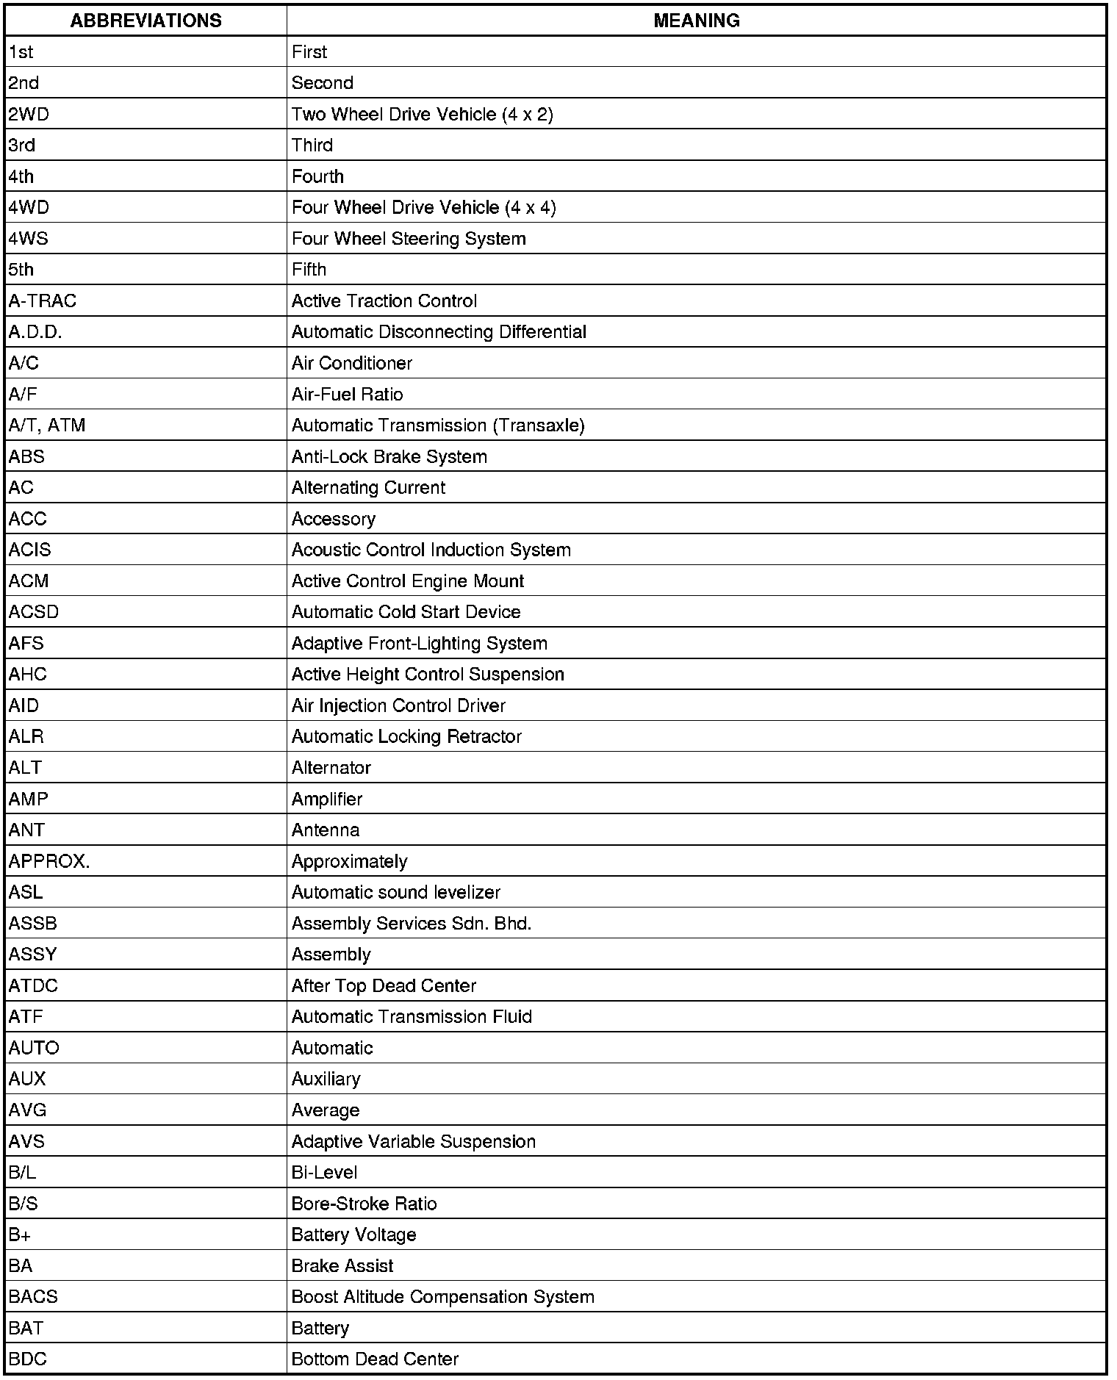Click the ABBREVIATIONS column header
pos(146,21)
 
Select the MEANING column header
pos(696,21)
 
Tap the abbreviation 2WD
pos(29,115)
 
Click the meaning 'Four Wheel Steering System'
pos(409,239)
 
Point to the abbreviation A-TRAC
pos(43,301)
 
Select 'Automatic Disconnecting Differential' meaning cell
pos(439,332)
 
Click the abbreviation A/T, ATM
pos(47,425)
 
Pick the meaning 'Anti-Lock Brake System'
pos(389,457)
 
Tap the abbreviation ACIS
pos(30,550)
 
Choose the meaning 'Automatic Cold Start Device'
pos(406,612)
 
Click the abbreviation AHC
pos(28,675)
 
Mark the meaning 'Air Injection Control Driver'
pos(398,706)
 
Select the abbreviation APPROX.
pos(49,861)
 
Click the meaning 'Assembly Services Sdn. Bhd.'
pos(411,924)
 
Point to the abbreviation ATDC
pos(33,986)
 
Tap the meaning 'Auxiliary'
pos(326,1079)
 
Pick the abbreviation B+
pos(20,1235)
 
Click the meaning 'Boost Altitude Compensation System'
pos(442,1297)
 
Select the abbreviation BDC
pos(28,1359)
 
